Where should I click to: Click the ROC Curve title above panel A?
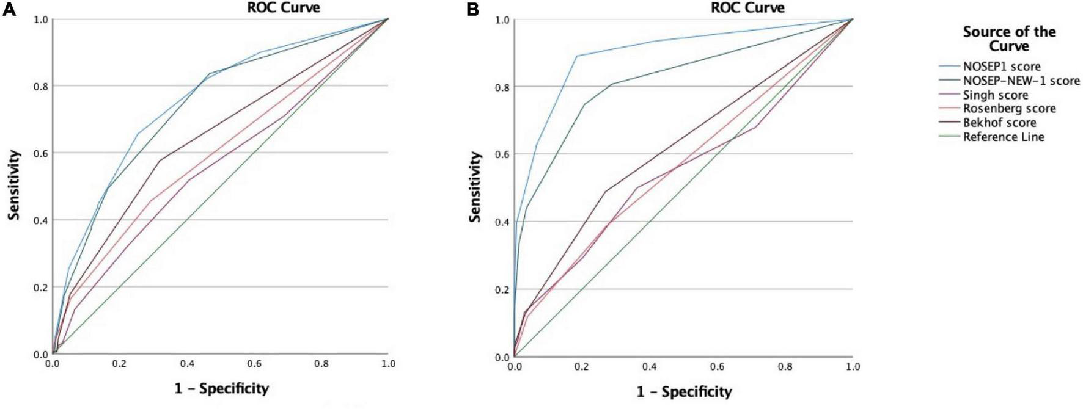(287, 7)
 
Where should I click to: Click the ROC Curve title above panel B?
(747, 7)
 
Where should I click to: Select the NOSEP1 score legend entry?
(1001, 67)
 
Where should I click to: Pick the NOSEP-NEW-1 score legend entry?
(1021, 81)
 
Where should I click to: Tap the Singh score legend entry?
(995, 95)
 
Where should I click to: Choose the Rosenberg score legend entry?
(1009, 109)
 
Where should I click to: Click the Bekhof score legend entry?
(999, 123)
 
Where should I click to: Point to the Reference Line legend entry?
(1003, 137)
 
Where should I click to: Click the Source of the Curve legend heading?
(1009, 38)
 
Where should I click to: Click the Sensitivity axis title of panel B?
(475, 187)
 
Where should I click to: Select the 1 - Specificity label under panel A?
(221, 388)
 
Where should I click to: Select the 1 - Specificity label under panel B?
(684, 391)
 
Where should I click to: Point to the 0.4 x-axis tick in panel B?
(650, 367)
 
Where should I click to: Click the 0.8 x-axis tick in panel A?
(321, 364)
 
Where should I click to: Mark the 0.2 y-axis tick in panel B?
(502, 289)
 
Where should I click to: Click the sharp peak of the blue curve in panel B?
(576, 56)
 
